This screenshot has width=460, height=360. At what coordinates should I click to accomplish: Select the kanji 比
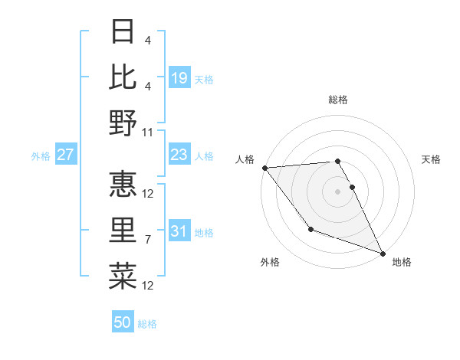click(123, 77)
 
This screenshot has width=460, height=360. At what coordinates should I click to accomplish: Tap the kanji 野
click(123, 123)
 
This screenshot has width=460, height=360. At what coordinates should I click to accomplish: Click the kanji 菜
click(123, 275)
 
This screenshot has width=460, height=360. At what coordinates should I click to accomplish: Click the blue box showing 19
click(179, 77)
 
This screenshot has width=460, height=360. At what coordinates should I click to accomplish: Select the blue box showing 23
click(179, 155)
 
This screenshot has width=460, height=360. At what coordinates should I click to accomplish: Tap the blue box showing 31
click(179, 232)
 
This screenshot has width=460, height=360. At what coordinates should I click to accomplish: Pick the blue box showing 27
click(66, 155)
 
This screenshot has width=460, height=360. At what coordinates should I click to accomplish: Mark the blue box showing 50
click(123, 322)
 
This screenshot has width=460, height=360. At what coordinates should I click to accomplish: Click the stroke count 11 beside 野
click(149, 132)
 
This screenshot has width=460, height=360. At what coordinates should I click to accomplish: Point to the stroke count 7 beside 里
click(149, 240)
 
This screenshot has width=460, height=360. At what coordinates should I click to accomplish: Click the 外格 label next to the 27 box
click(41, 156)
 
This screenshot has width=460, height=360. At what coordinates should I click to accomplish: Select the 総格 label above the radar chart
click(338, 100)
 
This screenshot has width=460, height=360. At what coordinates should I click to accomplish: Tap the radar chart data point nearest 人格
click(265, 168)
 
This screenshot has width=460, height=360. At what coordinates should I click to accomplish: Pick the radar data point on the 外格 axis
click(310, 229)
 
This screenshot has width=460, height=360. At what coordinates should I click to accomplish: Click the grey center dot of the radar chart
click(338, 191)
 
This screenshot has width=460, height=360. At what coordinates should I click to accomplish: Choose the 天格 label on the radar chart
click(431, 159)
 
